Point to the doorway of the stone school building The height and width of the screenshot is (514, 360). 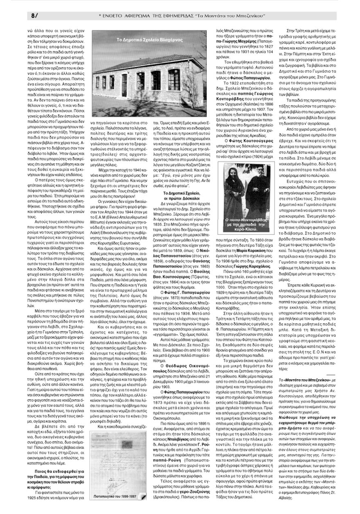125,85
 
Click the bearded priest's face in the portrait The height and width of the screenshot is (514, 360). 267,185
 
